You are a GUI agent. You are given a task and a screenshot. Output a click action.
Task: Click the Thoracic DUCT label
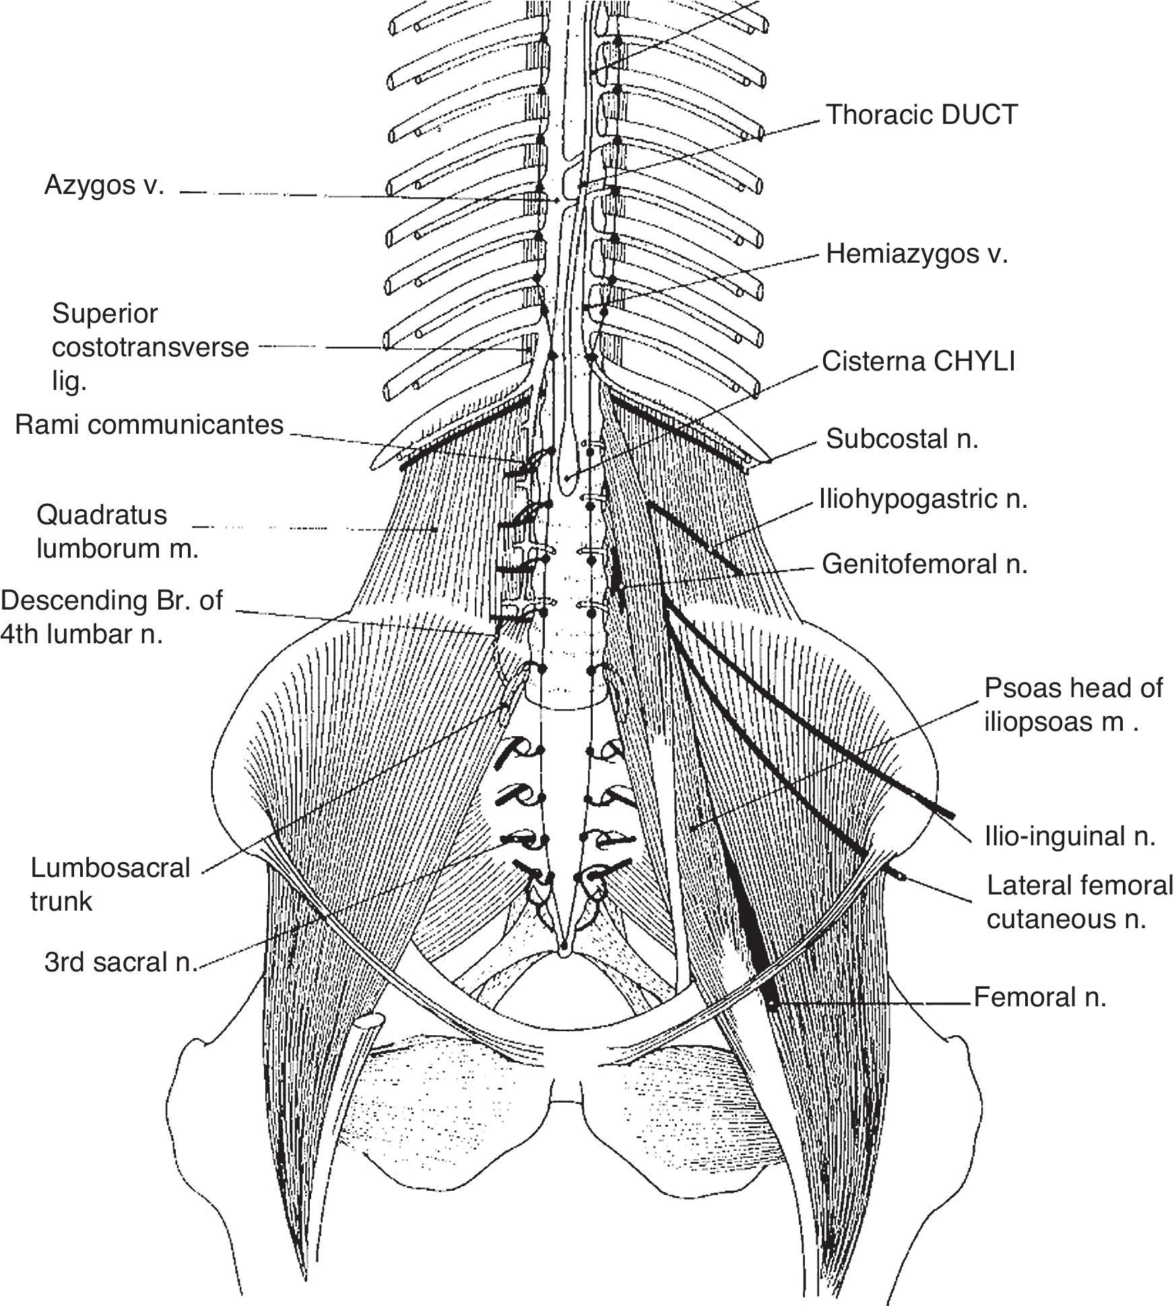(921, 115)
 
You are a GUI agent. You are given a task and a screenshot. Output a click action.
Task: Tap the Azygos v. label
(104, 185)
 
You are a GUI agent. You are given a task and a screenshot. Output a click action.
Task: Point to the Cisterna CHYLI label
(918, 362)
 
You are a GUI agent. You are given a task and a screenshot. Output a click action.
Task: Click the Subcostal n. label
(902, 439)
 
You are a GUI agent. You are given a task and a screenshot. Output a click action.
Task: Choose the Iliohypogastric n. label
(923, 500)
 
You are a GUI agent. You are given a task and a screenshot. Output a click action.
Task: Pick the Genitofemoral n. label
(925, 564)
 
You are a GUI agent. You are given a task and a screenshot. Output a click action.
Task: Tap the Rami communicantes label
(149, 425)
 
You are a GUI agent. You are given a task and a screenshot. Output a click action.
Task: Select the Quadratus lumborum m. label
(117, 531)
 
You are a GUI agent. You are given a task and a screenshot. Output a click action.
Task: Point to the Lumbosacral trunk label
(110, 884)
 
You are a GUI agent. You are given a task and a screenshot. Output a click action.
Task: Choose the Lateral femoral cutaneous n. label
(1080, 902)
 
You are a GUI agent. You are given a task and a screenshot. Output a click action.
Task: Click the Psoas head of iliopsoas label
(1073, 705)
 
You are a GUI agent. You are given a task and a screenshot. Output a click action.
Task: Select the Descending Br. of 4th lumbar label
(111, 617)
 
